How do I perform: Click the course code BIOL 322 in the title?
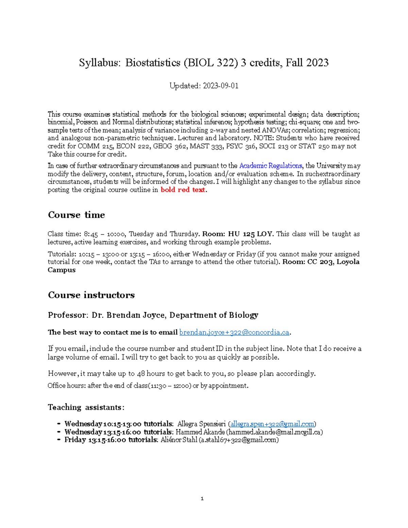pyautogui.click(x=211, y=63)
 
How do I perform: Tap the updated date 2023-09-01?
pyautogui.click(x=220, y=86)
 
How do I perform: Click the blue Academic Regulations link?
pyautogui.click(x=270, y=166)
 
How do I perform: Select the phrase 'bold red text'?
pyautogui.click(x=183, y=190)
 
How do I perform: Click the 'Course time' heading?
pyautogui.click(x=76, y=215)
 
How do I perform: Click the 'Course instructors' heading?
pyautogui.click(x=91, y=295)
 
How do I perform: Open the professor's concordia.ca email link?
pyautogui.click(x=234, y=333)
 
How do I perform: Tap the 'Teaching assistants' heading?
pyautogui.click(x=86, y=407)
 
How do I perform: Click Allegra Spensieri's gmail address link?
pyautogui.click(x=272, y=424)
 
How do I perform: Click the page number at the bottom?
pyautogui.click(x=202, y=499)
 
